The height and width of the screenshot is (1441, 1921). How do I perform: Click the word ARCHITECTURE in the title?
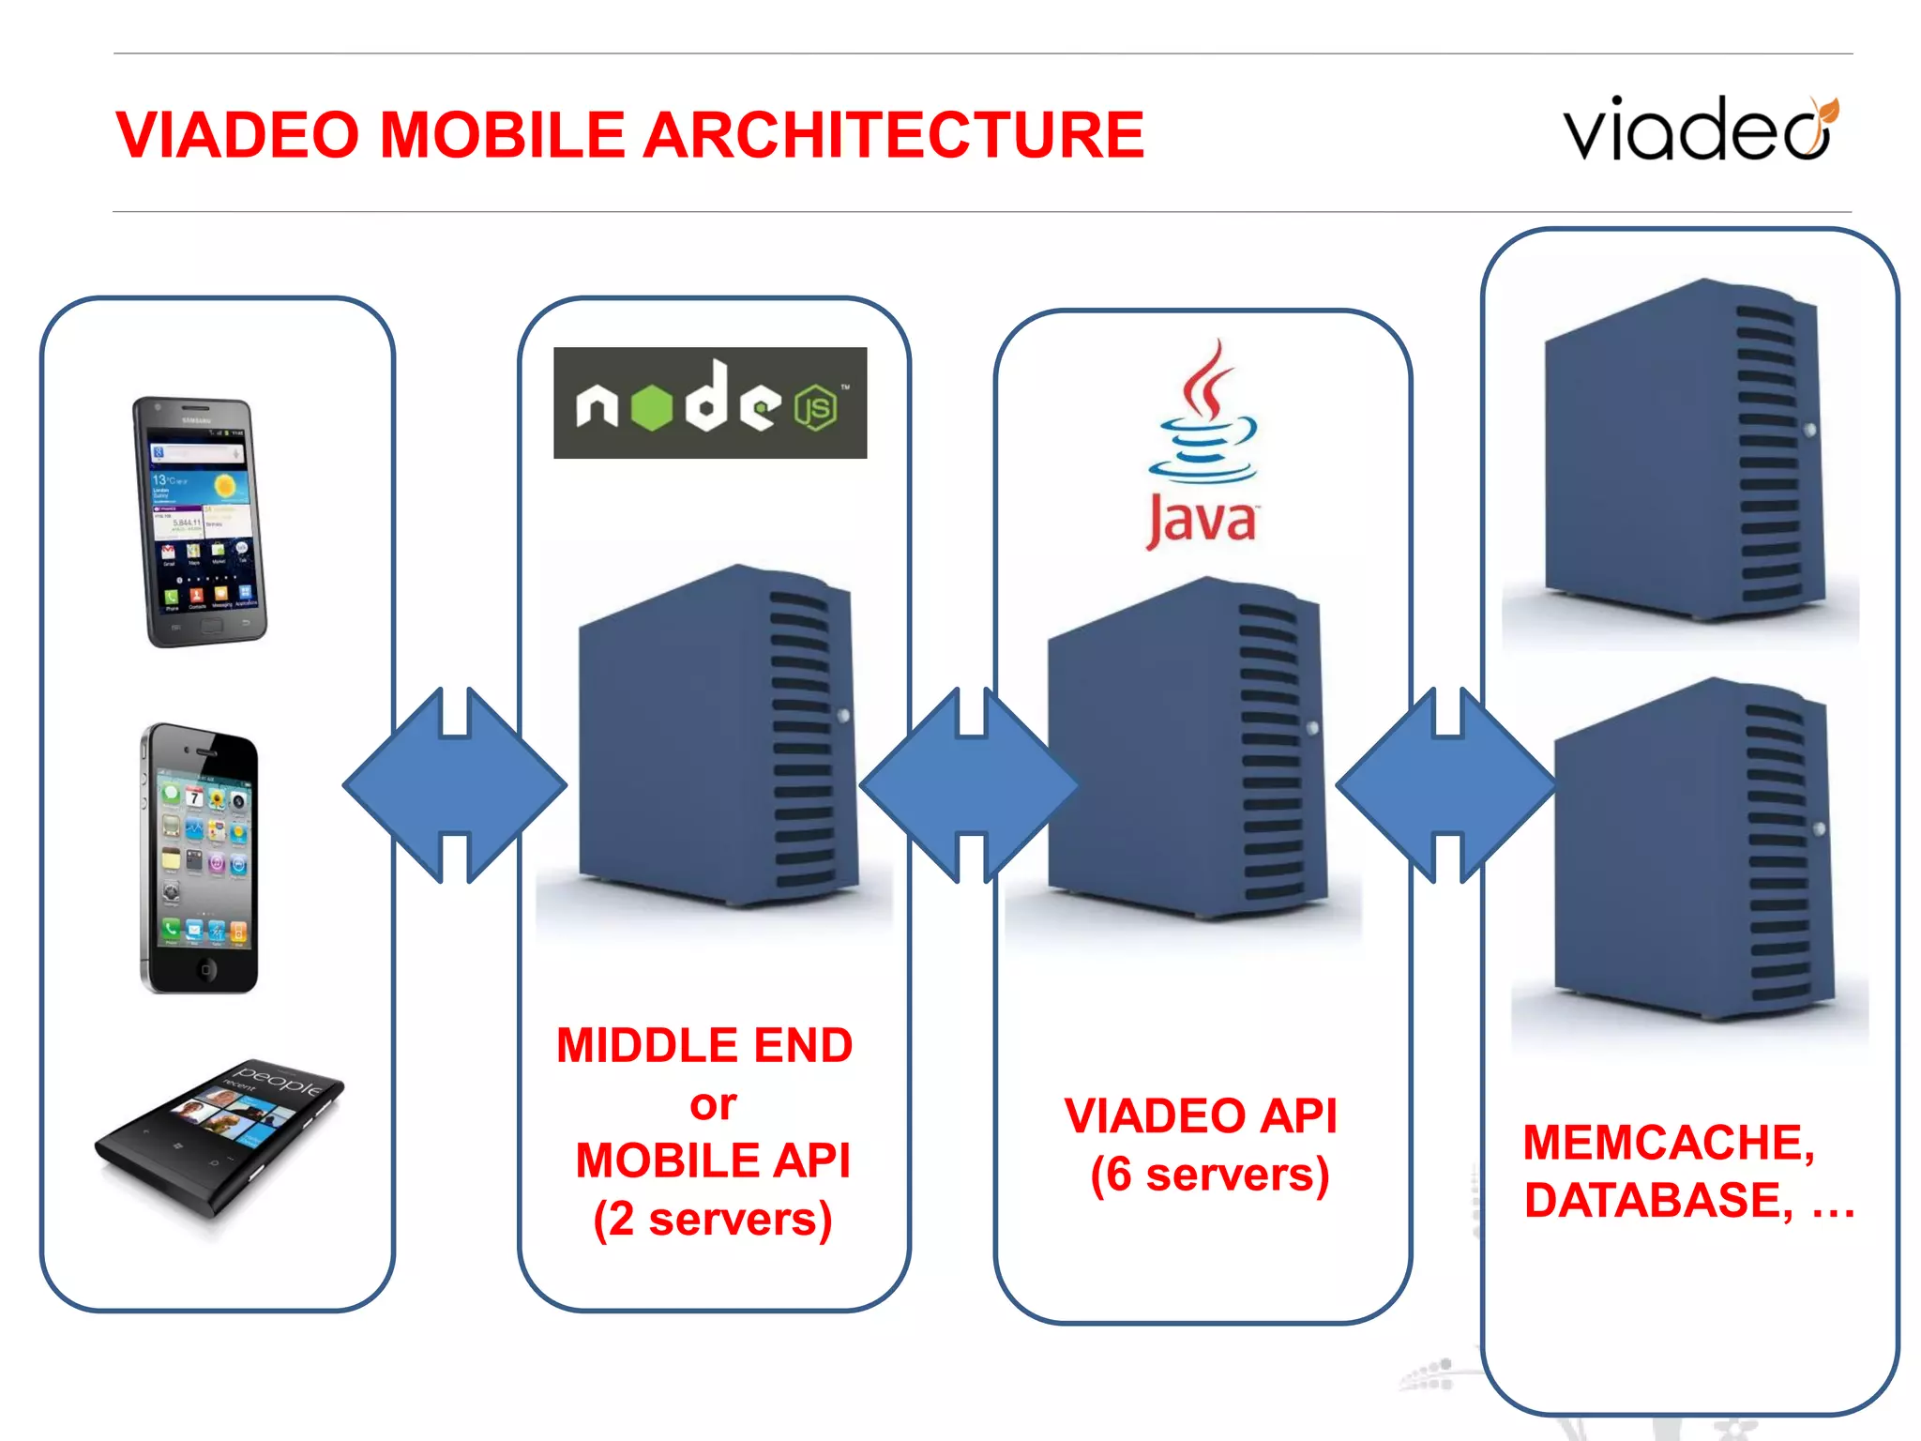(x=893, y=135)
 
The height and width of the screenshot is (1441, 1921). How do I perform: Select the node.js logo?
(x=710, y=403)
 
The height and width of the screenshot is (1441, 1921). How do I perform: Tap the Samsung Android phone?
(x=200, y=522)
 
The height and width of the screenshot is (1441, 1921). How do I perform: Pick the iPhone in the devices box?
(x=199, y=858)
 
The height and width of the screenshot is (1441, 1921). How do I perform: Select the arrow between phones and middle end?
(x=455, y=785)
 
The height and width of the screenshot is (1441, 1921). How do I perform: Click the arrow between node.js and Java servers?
(x=970, y=785)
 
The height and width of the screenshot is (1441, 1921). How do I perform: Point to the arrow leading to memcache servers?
(x=1446, y=785)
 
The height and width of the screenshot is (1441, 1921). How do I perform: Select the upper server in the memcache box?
(x=1684, y=450)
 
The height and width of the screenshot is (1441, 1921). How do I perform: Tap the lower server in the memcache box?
(x=1693, y=849)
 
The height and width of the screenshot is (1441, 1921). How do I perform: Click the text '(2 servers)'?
(x=713, y=1220)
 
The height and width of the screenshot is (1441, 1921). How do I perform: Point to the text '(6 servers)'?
(x=1210, y=1175)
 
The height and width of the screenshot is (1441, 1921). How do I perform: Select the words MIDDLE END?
(x=704, y=1045)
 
